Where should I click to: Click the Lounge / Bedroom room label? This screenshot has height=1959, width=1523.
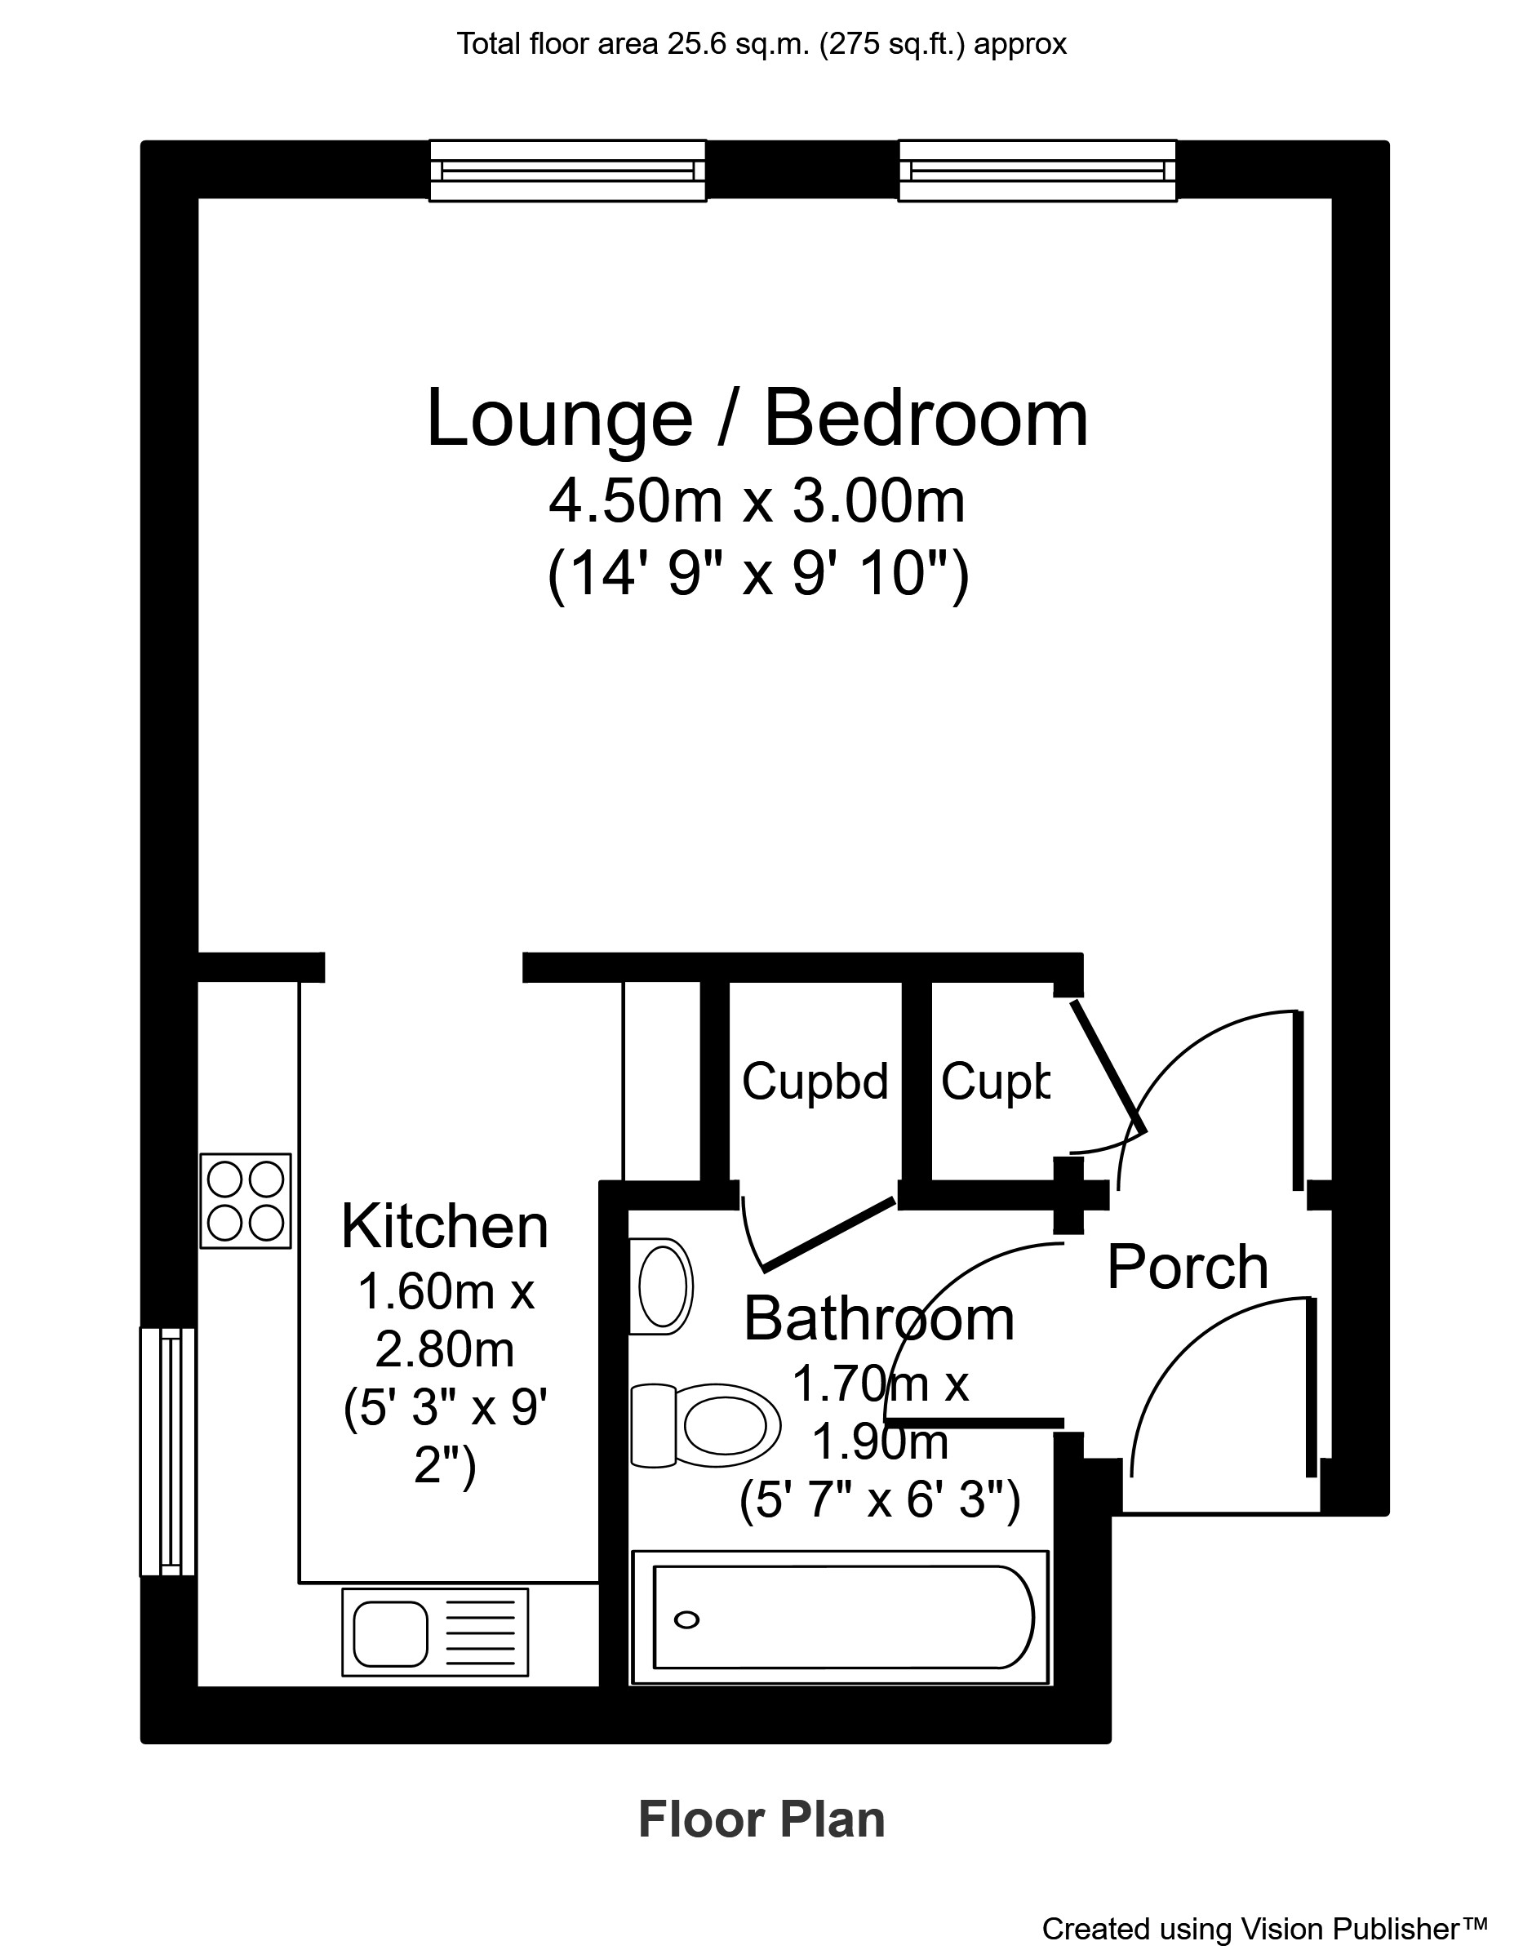click(758, 418)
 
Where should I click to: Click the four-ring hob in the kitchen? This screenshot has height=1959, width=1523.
click(246, 1200)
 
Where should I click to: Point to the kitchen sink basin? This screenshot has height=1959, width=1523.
click(390, 1633)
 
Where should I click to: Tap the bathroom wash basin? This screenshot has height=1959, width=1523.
click(662, 1286)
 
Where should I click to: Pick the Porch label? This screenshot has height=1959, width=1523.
click(1188, 1268)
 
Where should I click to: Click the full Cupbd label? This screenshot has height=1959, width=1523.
click(815, 1081)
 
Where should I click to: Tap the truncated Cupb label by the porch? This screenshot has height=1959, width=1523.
click(995, 1081)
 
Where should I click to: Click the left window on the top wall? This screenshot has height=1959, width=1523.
click(568, 171)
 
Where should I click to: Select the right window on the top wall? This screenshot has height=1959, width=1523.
click(1037, 171)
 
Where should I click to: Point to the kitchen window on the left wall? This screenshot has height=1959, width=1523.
click(168, 1451)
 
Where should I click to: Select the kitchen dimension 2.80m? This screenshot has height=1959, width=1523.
click(445, 1349)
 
